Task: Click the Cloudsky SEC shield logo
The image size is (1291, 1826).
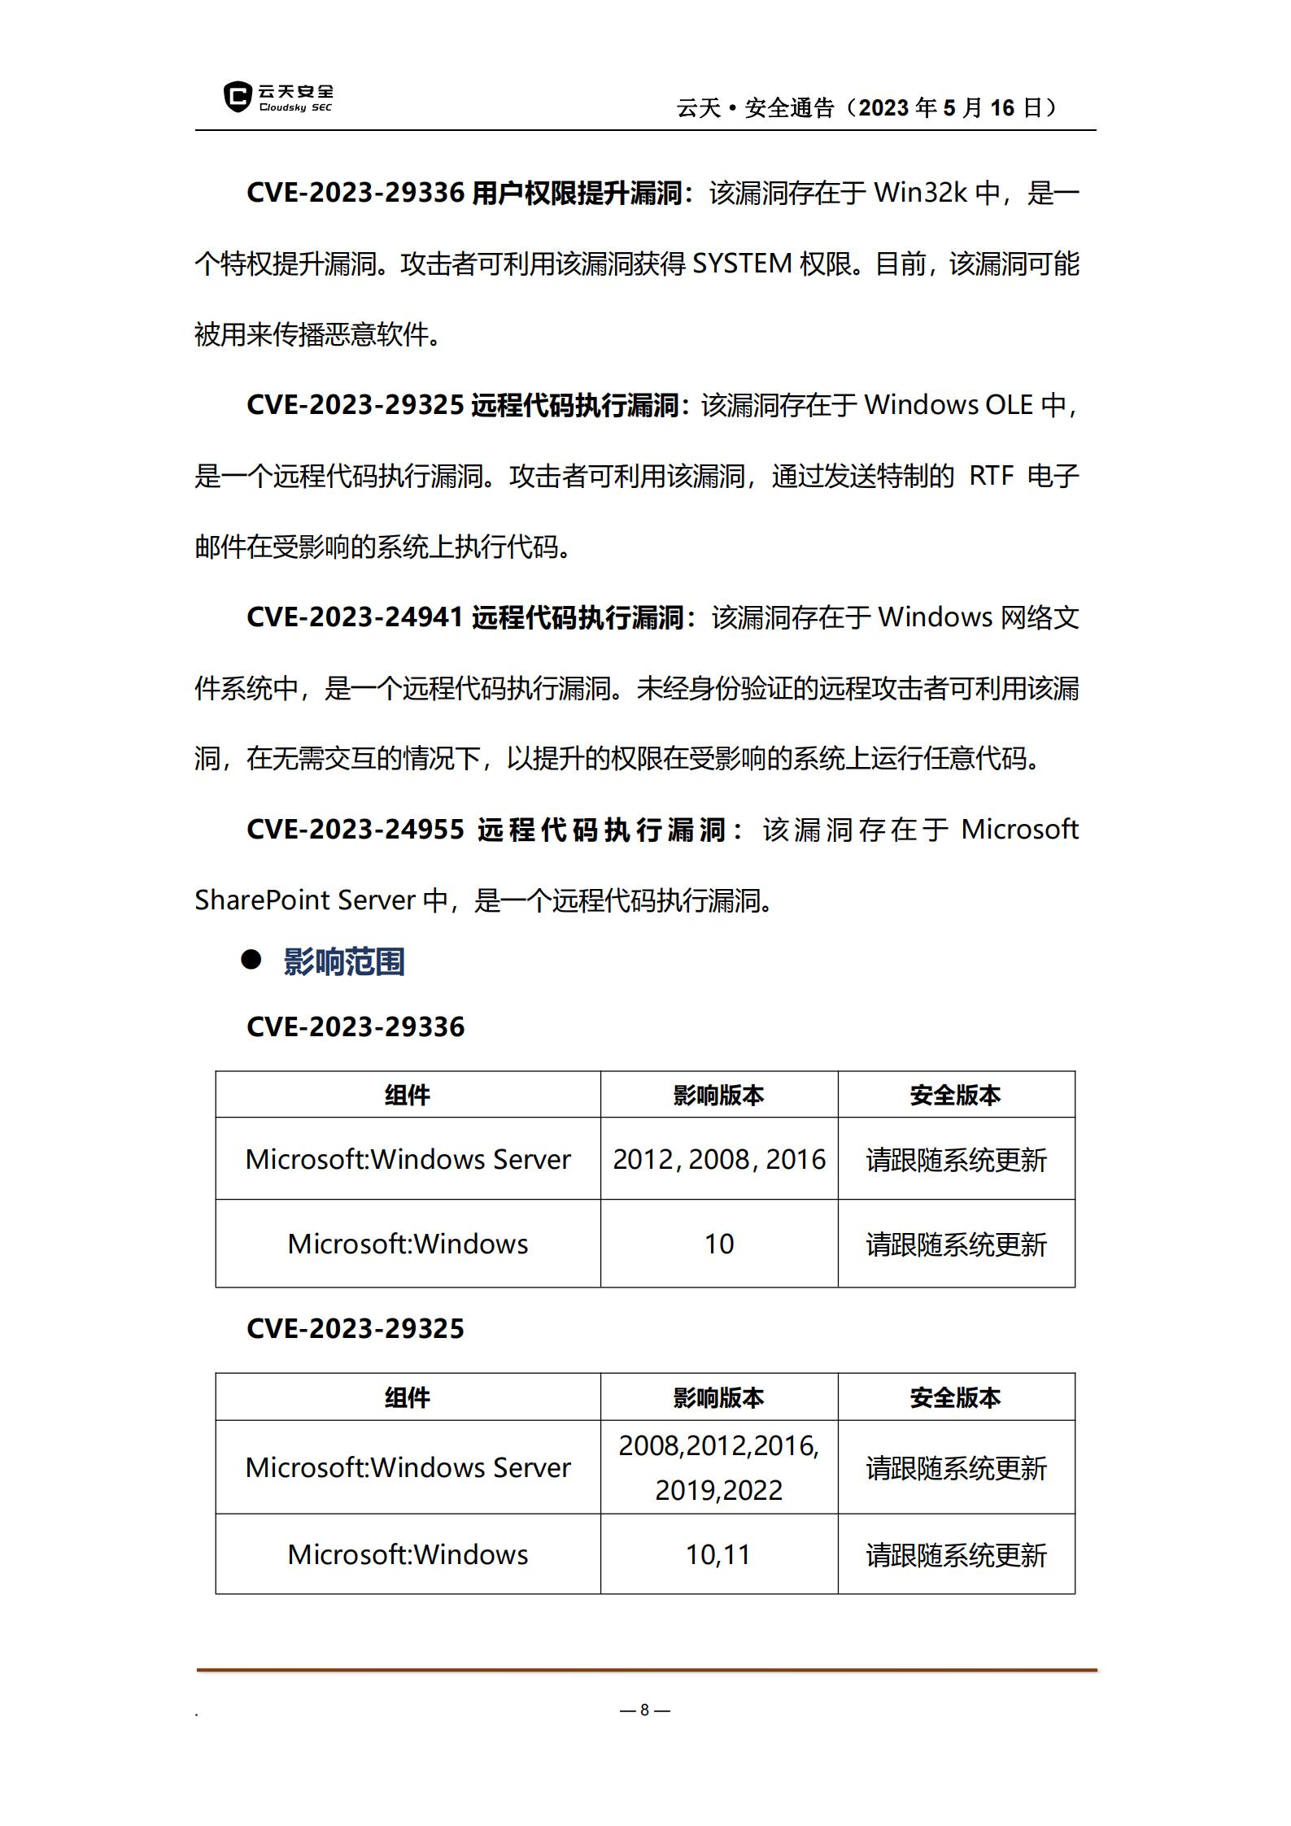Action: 238,97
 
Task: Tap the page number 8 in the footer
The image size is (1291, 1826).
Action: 644,1710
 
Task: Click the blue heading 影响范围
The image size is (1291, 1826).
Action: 344,961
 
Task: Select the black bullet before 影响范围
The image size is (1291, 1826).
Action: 251,960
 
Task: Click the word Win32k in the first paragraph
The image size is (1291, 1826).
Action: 920,193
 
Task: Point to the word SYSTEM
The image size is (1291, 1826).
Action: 742,264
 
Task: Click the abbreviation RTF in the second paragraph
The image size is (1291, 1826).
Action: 991,476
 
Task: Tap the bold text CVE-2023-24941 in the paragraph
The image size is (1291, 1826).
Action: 355,617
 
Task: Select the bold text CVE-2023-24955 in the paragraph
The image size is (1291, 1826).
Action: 355,830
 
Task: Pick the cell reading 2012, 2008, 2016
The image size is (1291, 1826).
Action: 719,1159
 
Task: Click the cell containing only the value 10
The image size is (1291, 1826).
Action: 719,1244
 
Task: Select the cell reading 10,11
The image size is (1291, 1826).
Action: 718,1554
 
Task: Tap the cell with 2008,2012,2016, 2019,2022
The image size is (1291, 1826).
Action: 719,1467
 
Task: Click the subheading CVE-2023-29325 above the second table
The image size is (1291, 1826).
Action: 355,1329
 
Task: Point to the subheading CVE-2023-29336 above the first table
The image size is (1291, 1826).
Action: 355,1027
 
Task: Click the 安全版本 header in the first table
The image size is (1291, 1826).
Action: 955,1096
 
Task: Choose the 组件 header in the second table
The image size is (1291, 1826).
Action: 408,1398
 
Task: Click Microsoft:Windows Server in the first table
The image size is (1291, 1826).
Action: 408,1159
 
